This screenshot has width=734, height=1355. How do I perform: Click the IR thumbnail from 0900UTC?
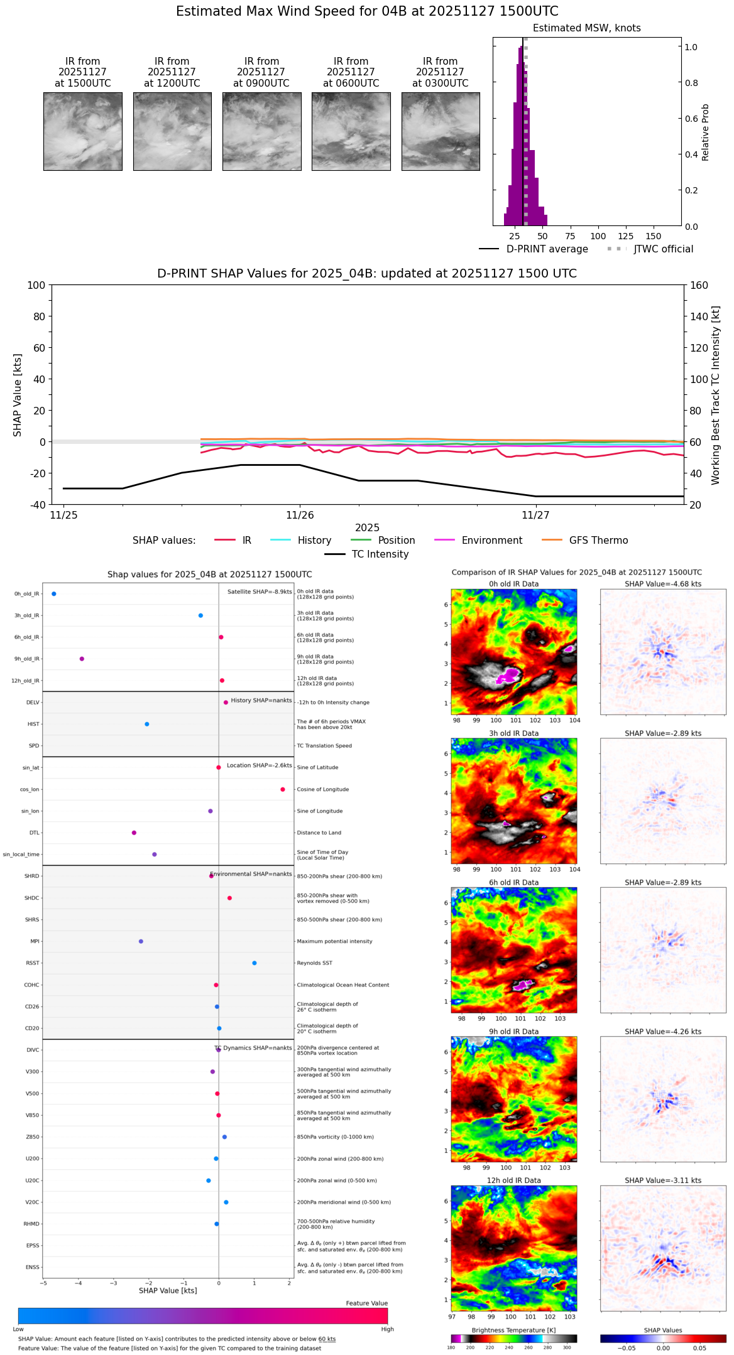tap(261, 131)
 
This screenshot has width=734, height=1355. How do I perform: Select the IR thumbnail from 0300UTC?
tap(441, 131)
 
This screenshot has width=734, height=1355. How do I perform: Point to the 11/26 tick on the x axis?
tap(300, 515)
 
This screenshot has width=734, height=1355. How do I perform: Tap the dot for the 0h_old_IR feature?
tap(54, 593)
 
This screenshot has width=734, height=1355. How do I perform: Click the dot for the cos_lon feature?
tap(283, 789)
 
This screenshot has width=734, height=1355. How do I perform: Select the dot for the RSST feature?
tap(255, 963)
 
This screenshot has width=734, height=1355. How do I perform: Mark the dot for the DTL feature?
tap(134, 833)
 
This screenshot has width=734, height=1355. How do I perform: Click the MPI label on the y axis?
tap(35, 941)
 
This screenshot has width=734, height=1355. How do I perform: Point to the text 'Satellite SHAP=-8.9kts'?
tap(260, 591)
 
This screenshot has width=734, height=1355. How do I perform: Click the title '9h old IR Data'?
tap(513, 1032)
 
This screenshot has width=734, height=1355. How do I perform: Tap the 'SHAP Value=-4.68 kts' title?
tap(663, 584)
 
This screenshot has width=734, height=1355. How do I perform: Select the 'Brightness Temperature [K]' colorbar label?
tap(513, 1330)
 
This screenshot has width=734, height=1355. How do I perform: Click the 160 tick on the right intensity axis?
tap(699, 285)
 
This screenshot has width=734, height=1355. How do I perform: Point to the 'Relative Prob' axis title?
tap(705, 132)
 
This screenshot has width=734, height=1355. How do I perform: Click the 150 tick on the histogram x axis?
tap(654, 236)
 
